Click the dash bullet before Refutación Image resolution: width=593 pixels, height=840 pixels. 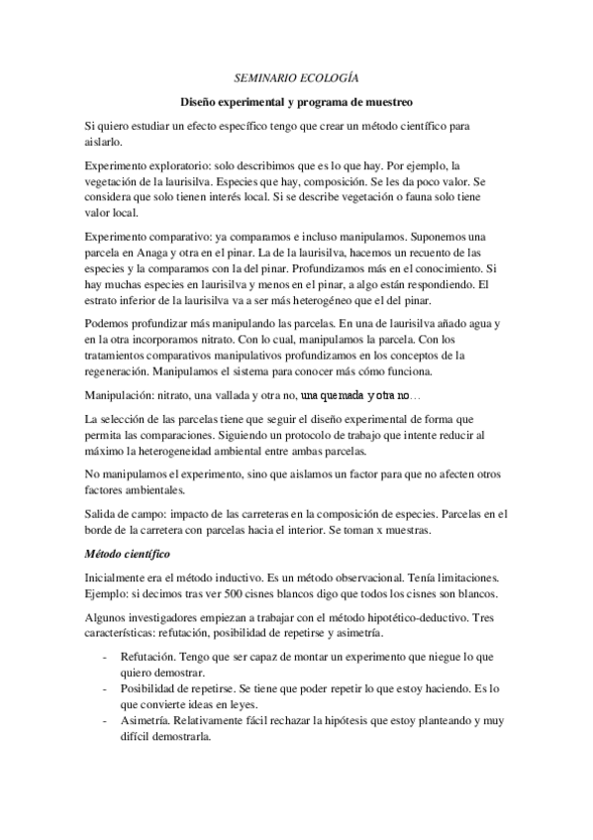106,657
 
